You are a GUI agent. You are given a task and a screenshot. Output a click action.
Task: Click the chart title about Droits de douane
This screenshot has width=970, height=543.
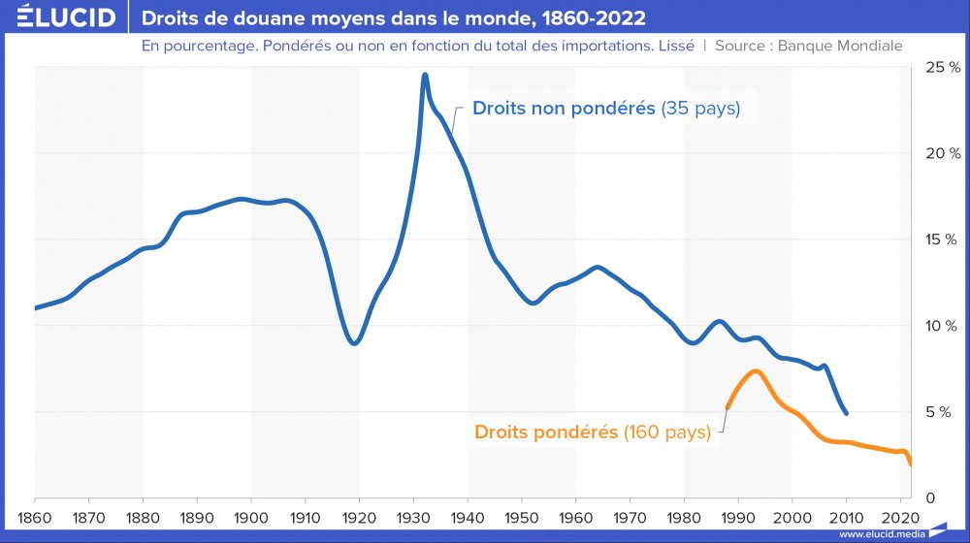(394, 18)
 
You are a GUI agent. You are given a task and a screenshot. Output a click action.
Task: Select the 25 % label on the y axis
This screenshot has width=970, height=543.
(942, 67)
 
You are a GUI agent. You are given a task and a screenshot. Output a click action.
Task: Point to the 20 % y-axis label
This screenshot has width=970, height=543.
(942, 153)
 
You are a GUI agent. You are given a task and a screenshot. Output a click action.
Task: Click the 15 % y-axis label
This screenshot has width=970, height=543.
(942, 240)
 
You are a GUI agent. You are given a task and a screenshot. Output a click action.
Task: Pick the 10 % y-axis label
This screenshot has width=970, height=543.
(942, 326)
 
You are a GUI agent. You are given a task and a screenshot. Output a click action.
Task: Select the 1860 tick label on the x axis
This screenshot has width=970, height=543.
(34, 516)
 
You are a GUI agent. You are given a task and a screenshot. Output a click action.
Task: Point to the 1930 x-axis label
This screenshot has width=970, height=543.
(413, 516)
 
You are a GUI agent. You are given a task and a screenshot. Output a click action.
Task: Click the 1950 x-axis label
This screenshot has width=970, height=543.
(522, 516)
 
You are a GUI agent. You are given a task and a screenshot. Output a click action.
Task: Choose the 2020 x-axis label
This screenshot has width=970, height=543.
(900, 516)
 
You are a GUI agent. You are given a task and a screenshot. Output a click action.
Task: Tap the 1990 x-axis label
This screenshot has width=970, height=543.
(738, 516)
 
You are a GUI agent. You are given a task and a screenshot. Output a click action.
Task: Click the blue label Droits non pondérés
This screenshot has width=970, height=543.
(564, 109)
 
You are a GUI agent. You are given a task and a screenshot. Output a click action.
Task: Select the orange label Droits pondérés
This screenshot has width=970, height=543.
(546, 431)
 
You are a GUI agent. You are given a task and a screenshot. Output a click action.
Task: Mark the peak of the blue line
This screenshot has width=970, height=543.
(425, 75)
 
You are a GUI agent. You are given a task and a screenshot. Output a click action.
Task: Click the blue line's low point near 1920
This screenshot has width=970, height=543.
(355, 343)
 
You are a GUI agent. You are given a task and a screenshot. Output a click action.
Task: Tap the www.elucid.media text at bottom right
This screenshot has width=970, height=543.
(879, 534)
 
